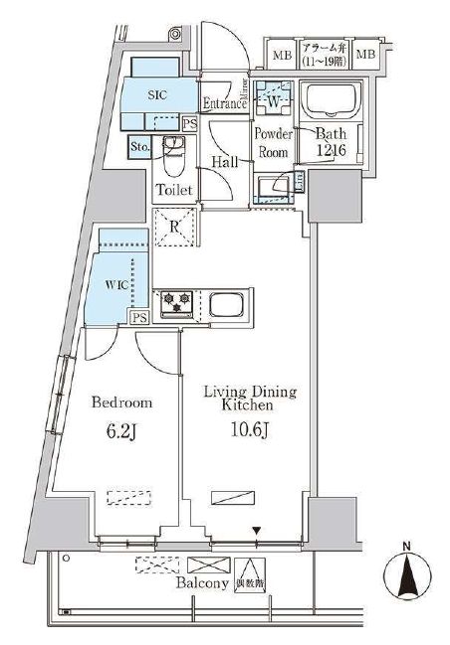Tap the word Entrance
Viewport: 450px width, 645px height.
tap(225, 103)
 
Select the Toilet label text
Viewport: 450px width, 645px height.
tap(175, 188)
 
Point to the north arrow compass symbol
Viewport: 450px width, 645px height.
tap(406, 574)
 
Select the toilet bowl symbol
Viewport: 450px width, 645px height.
tap(175, 155)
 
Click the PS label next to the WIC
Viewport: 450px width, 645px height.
tap(139, 317)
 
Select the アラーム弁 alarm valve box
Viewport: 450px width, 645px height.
tap(324, 53)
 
